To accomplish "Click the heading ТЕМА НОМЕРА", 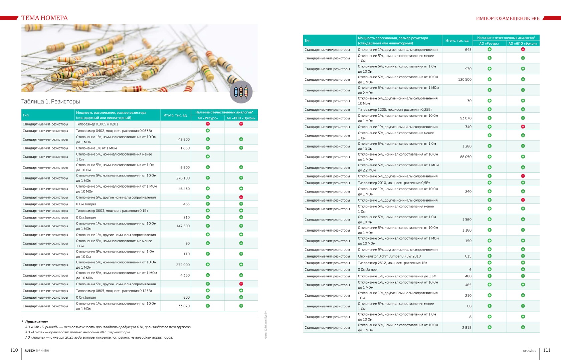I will coord(44,18).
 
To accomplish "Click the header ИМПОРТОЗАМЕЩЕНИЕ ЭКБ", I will coord(508,18).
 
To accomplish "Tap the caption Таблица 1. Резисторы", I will coord(50,101).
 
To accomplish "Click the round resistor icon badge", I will coord(241,92).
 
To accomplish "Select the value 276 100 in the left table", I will coord(183,178).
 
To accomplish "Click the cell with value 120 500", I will coord(464,80).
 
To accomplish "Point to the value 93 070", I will coord(465,118).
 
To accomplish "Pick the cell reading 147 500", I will coord(183,226).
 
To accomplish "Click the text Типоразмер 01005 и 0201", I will coord(97,124).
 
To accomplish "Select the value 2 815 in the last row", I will coord(466,328).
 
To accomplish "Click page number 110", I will coord(14,350).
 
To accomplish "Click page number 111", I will coord(547,350).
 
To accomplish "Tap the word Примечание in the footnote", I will coord(36,322).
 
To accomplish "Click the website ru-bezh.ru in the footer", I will coord(529,351).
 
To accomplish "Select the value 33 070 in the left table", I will coord(184,306).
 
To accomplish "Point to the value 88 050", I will coord(465,157).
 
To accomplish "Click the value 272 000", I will coord(183,265).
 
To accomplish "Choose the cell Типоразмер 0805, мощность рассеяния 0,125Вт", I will coord(114,291).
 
